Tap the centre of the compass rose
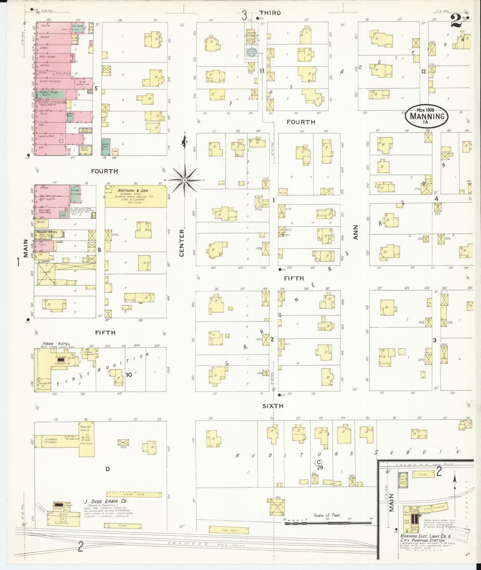click(184, 180)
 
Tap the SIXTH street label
click(272, 406)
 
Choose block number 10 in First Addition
click(129, 375)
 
